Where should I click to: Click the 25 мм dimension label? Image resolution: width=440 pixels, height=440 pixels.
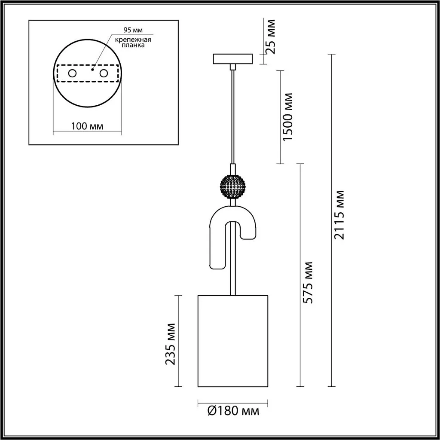pyautogui.click(x=270, y=36)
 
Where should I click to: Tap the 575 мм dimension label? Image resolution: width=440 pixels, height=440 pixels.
pyautogui.click(x=308, y=281)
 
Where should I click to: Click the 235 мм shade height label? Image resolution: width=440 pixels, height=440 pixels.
pyautogui.click(x=171, y=344)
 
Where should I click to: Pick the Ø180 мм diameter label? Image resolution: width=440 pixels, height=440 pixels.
pyautogui.click(x=233, y=411)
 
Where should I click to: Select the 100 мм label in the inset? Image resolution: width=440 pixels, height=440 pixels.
pyautogui.click(x=87, y=126)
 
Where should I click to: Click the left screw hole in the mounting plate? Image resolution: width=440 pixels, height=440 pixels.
pyautogui.click(x=72, y=73)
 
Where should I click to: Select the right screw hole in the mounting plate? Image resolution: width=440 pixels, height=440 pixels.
pyautogui.click(x=104, y=73)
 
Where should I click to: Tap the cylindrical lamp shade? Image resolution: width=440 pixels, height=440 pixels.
pyautogui.click(x=232, y=341)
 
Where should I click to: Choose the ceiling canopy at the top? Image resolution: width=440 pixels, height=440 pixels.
pyautogui.click(x=232, y=58)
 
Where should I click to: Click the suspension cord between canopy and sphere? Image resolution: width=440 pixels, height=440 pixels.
pyautogui.click(x=232, y=116)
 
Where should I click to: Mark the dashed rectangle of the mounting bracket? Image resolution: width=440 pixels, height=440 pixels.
pyautogui.click(x=87, y=66)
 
